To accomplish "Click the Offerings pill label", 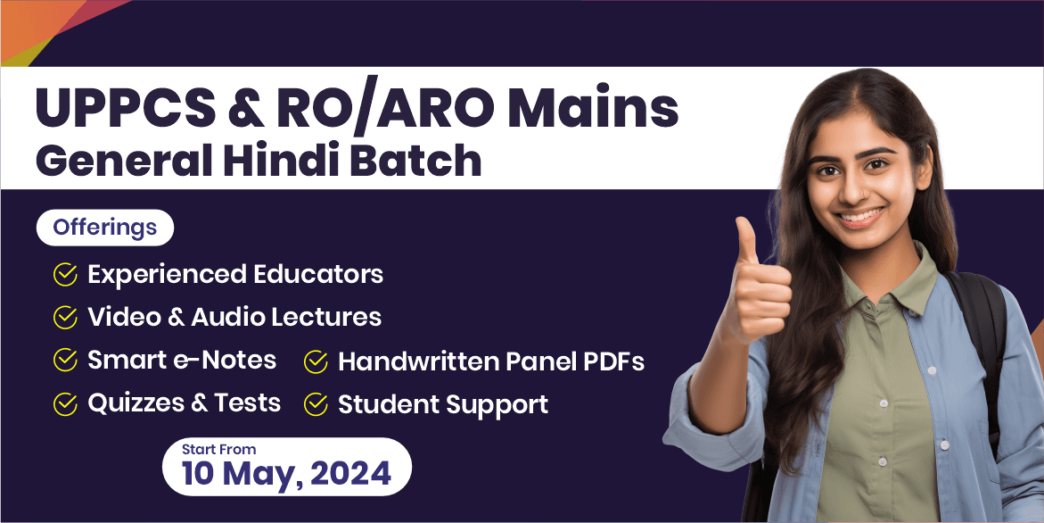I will coord(104,228).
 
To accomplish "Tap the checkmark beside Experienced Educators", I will coord(65,275).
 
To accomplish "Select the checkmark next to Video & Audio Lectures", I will coord(65,318).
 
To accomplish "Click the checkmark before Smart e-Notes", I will coord(65,361).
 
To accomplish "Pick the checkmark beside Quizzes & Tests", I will coord(65,403).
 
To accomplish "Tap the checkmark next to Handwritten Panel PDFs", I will coord(316,362).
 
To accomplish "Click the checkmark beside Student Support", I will coord(316,405).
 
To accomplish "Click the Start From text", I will coord(219,450).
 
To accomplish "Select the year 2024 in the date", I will coord(347,473).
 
